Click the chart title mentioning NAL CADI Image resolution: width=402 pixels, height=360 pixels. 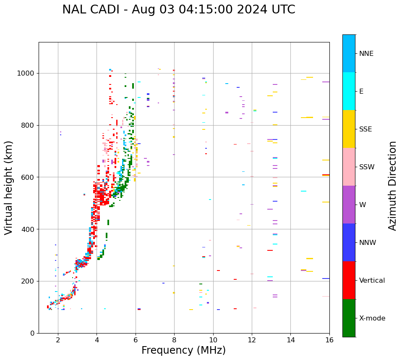coord(178,10)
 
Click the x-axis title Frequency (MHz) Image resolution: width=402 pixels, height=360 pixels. coord(183,350)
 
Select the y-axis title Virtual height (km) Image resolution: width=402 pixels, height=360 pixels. coord(9,187)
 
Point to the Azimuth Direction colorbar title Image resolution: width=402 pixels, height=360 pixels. coord(392,186)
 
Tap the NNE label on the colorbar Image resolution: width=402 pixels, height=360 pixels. coord(366,54)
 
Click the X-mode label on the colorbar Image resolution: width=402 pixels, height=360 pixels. coord(372,318)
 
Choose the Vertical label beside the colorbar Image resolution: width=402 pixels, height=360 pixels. coord(372,281)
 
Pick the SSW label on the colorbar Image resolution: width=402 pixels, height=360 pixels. coord(367,167)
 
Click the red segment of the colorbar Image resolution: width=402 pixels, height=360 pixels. coord(349,280)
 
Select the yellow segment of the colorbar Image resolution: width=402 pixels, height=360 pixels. coord(349,129)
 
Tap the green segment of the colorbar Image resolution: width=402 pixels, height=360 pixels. coord(349,318)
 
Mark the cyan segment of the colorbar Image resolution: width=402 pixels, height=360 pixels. coord(349,91)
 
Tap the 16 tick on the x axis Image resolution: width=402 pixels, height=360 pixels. coord(329,340)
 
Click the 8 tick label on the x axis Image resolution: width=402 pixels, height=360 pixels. coord(174,340)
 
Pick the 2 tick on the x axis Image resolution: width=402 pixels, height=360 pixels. coord(58,340)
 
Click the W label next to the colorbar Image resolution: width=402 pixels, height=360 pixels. coord(363,205)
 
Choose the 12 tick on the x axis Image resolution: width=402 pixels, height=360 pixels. coord(252,340)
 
